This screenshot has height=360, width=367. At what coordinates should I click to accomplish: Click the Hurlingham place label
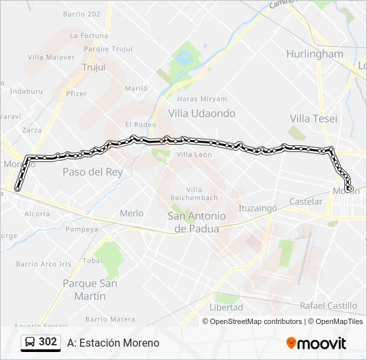pos(314,54)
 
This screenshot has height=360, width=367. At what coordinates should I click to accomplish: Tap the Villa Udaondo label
pos(202,113)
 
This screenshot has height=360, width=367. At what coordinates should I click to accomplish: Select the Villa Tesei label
pos(314,119)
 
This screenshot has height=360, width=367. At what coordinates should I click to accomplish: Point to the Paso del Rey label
pos(93,172)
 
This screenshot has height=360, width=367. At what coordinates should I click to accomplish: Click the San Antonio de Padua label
pos(196,223)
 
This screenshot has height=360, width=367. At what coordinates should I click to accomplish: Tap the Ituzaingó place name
pos(258,208)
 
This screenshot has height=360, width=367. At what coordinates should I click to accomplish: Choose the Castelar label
pos(306,201)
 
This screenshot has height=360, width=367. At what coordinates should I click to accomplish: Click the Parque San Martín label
pos(89,289)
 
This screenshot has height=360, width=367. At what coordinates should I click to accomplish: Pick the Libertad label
pos(226,307)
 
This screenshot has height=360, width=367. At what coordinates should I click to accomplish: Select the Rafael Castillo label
pos(328,306)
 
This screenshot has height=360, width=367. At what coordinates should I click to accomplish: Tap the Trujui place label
pos(93,67)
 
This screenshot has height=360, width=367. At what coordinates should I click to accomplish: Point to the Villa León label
pos(194,155)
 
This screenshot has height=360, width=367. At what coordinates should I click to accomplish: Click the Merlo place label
pos(131,213)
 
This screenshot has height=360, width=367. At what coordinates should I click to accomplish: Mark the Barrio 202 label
pos(81,14)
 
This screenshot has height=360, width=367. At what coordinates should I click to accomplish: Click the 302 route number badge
pos(47,342)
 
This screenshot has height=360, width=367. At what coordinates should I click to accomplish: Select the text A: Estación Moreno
pos(113,343)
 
